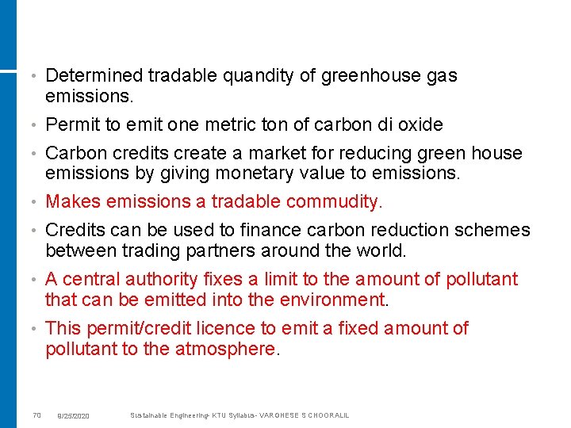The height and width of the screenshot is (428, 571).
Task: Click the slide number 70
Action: pyautogui.click(x=36, y=415)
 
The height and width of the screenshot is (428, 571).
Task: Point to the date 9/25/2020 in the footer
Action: pyautogui.click(x=73, y=416)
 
